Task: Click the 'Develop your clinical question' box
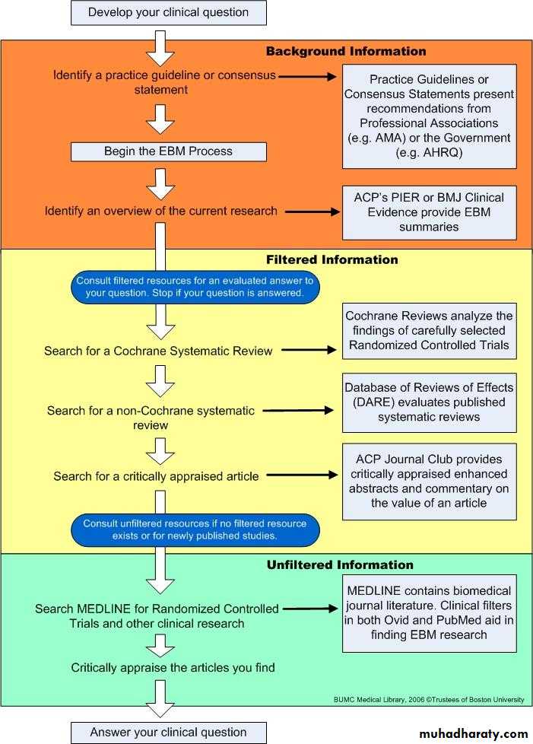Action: (169, 12)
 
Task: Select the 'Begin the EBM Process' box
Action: (169, 151)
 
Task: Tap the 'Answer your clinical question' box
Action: (169, 732)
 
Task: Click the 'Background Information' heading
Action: (346, 52)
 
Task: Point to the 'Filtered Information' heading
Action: (332, 259)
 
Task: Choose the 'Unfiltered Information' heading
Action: (340, 565)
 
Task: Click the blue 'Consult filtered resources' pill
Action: (195, 286)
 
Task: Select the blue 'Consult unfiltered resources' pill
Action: (195, 530)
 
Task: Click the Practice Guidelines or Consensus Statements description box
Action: (429, 116)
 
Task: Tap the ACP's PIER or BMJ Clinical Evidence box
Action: (429, 212)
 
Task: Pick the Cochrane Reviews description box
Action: (429, 331)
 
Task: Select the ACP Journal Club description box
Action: (429, 481)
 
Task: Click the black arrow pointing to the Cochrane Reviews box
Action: (307, 351)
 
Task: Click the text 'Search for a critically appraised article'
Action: (156, 476)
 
